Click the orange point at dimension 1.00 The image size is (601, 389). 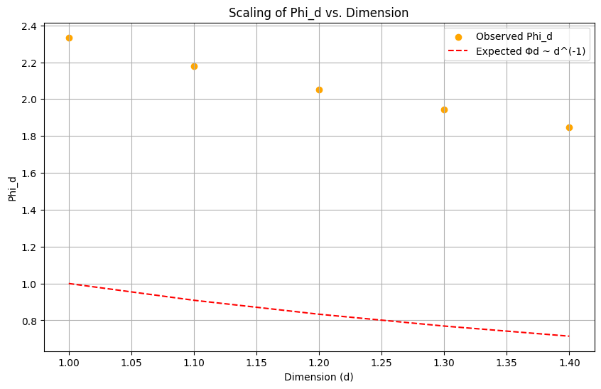(x=69, y=38)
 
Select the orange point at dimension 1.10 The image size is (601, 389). (x=194, y=66)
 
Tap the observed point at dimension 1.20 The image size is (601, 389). (x=319, y=90)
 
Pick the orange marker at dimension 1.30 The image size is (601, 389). (x=444, y=110)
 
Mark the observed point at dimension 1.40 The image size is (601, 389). (x=569, y=127)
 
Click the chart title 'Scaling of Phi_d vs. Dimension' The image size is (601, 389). (x=318, y=12)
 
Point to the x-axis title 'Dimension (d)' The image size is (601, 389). (x=318, y=377)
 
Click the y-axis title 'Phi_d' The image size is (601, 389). (x=13, y=188)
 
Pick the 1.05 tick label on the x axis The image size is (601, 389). (x=131, y=361)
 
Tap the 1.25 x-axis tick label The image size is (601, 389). (x=381, y=361)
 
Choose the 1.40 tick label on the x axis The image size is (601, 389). (x=569, y=361)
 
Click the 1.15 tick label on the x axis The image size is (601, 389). (x=256, y=361)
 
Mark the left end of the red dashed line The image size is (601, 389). (x=69, y=284)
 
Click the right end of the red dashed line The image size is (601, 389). (x=569, y=336)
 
